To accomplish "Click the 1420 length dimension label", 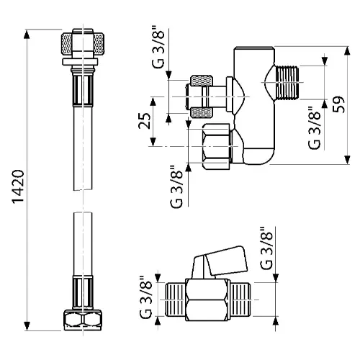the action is coord(18,186).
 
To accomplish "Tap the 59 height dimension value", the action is coord(338,104).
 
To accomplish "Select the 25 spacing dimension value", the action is coord(145,121).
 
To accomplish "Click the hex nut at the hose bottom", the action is coord(83,320).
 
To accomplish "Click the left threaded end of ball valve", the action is coord(176,300).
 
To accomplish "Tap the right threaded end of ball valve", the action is coord(240,300).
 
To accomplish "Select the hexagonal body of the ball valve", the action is coord(207,300).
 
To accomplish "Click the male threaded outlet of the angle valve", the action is coord(287,83).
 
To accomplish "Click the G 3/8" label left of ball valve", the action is coord(145,297).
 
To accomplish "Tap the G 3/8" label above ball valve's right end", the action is coord(266,248).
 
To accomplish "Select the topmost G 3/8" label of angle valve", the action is coord(158,49).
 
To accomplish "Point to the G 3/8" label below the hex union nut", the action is coord(176,186).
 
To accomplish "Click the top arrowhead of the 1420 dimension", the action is coord(27,34).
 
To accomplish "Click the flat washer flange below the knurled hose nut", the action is coord(80,62).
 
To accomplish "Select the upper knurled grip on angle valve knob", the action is coord(202,81).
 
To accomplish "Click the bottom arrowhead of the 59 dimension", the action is coord(347,160).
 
